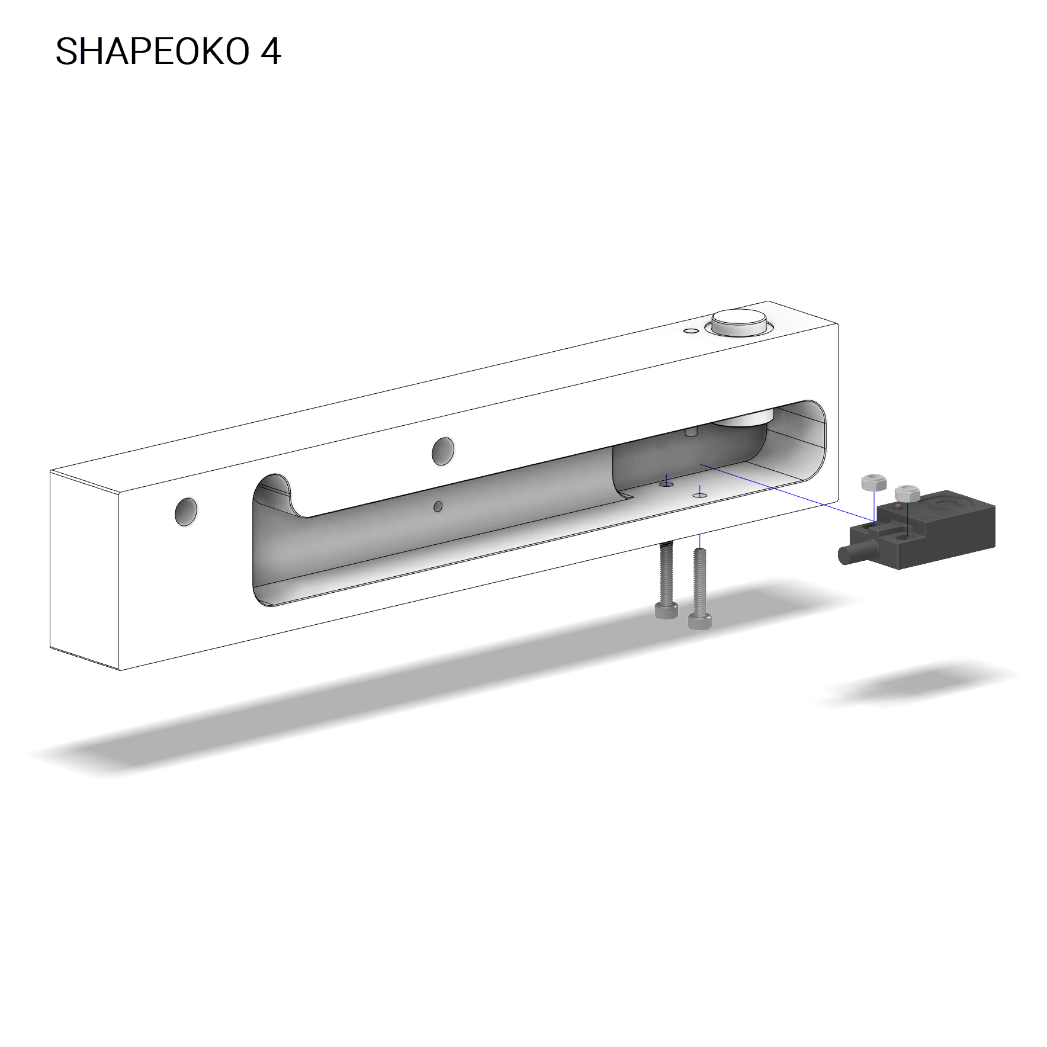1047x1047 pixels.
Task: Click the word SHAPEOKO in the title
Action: (152, 52)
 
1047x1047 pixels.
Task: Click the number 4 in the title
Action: (271, 52)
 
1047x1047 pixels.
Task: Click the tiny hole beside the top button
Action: (689, 330)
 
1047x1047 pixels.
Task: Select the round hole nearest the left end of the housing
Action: (186, 512)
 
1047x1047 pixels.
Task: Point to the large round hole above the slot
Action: (443, 451)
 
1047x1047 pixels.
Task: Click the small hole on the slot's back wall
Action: (438, 506)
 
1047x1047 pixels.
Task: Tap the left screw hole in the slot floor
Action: (666, 484)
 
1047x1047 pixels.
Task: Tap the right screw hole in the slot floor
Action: (701, 494)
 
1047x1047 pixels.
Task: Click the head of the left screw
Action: (666, 611)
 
